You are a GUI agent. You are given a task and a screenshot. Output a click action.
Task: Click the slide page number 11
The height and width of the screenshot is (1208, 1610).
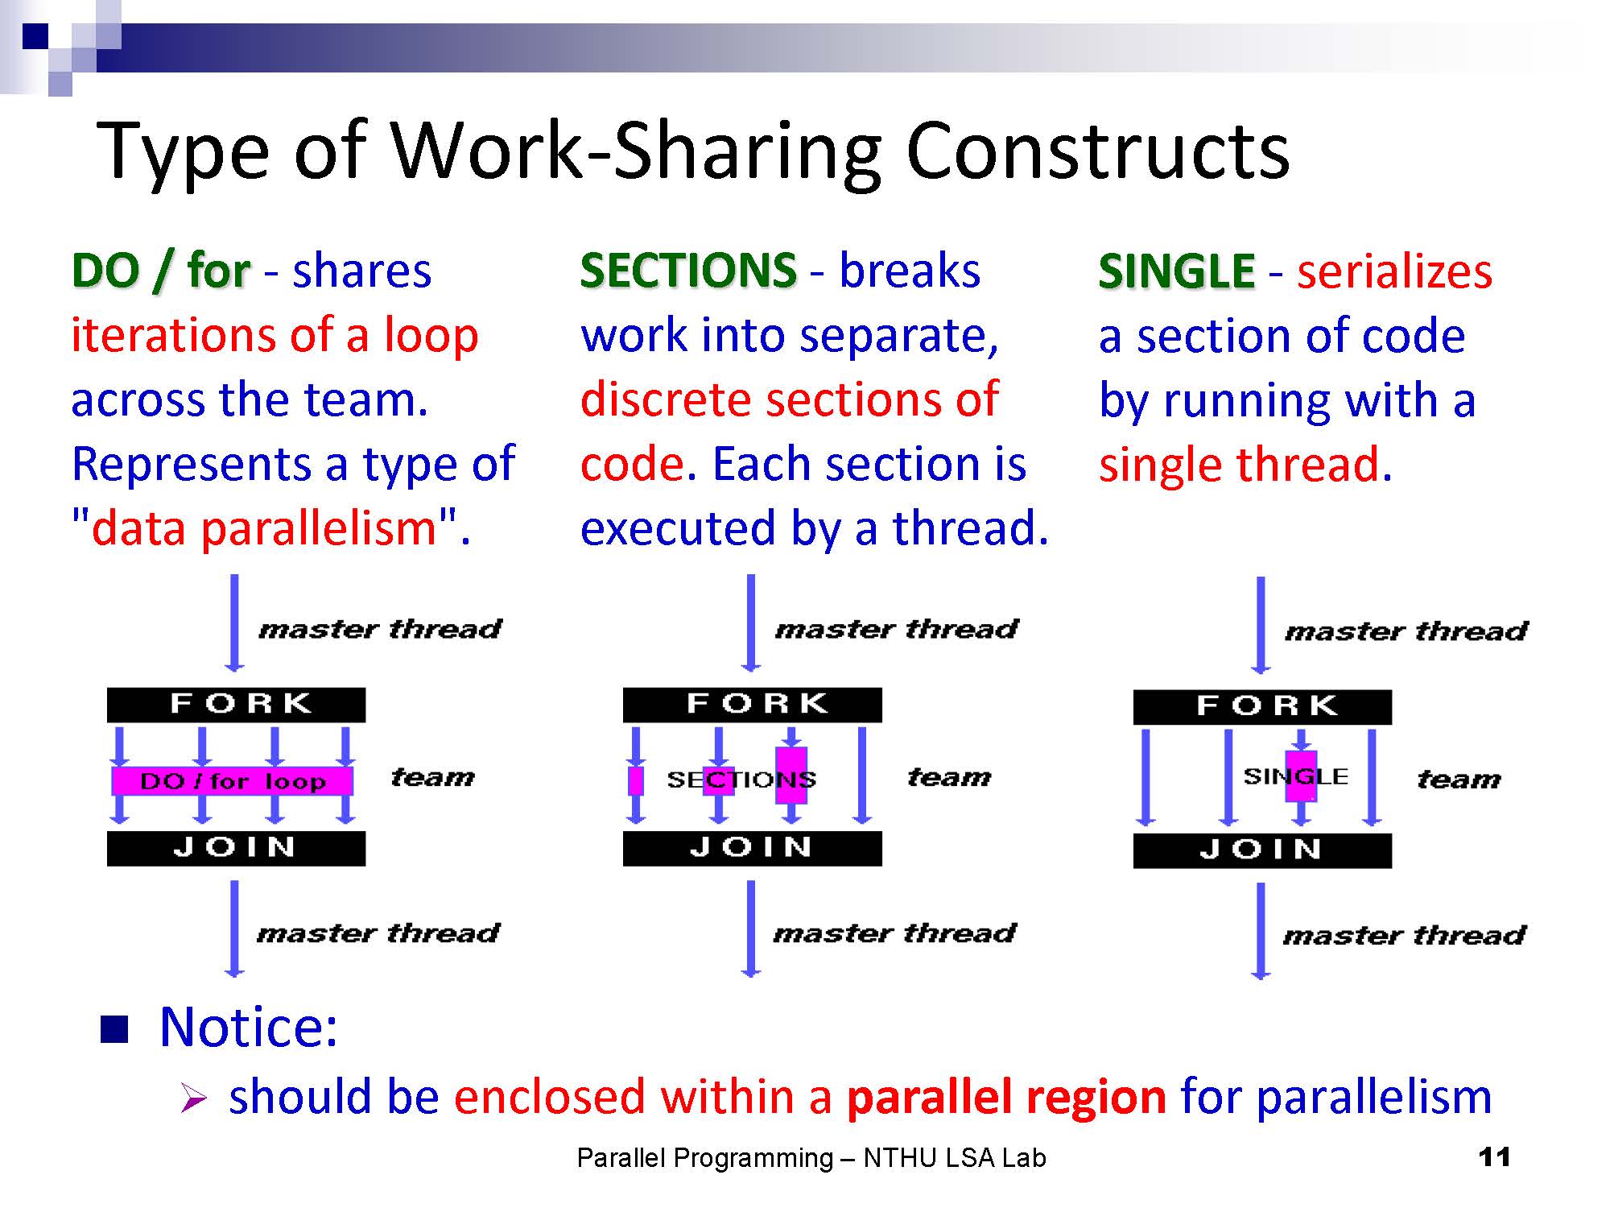pos(1494,1157)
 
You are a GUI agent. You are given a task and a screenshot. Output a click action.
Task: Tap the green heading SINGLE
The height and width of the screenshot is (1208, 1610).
pos(1176,271)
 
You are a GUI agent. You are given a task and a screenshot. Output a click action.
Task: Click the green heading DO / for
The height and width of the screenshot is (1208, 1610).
pos(161,271)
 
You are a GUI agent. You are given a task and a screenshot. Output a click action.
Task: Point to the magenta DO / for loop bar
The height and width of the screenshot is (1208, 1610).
pos(232,780)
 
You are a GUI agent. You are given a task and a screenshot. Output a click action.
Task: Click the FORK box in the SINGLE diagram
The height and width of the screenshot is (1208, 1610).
pos(1262,706)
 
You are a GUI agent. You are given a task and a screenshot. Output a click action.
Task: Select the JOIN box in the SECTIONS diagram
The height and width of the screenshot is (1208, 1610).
pos(753,848)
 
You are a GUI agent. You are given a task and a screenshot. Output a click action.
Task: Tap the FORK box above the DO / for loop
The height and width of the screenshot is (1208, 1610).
pos(236,705)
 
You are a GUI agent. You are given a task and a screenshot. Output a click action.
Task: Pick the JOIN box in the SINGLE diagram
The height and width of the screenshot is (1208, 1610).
pos(1262,850)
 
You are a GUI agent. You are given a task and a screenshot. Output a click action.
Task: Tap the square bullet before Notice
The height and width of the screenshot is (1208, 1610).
pos(114,1028)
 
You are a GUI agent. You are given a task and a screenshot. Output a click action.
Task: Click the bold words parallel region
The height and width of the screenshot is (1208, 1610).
pos(1006,1097)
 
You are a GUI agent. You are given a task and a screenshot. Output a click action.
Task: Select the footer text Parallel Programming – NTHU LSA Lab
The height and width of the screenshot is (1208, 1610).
pos(811,1158)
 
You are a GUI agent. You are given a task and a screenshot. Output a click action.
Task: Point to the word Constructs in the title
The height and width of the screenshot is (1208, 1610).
pos(1098,151)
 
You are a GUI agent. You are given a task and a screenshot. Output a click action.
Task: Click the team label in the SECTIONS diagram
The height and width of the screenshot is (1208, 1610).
pos(949,777)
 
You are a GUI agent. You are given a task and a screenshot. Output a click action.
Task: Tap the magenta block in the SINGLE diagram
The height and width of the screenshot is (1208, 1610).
pos(1301,776)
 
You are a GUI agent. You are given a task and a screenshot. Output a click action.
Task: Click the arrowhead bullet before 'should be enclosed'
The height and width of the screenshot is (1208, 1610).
pos(194,1098)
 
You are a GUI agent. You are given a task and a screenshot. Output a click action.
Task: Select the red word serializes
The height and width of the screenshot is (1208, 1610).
pos(1394,271)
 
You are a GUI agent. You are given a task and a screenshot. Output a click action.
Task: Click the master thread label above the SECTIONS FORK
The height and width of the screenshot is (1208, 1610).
pos(897,629)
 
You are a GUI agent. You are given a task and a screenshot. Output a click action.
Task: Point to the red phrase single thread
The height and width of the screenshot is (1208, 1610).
pos(1240,465)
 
